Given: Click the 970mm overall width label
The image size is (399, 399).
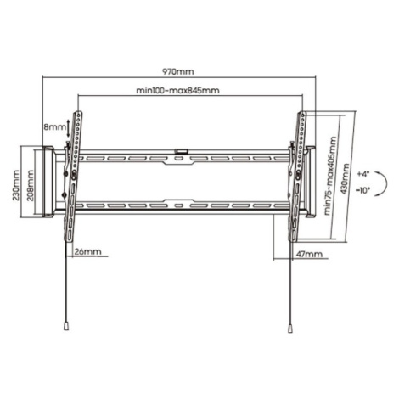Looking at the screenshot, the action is [178, 71].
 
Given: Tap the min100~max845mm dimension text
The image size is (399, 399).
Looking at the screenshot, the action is [177, 90].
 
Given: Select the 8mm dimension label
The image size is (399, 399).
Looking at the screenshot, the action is [54, 126].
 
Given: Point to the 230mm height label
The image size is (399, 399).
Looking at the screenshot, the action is [15, 185].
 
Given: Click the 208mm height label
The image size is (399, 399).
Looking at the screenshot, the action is [30, 185].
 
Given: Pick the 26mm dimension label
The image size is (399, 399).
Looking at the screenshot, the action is [87, 251].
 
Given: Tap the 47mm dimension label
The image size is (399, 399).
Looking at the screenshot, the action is [309, 254].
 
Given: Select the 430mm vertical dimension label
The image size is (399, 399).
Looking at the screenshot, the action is [346, 179].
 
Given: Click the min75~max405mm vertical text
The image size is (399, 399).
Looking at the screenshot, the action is [330, 176].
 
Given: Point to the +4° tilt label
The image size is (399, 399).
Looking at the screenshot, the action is [363, 174].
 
